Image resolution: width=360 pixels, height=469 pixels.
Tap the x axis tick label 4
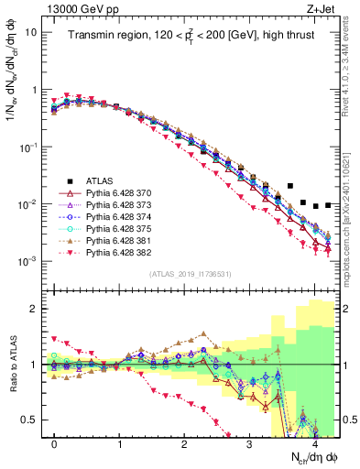(x=314, y=443)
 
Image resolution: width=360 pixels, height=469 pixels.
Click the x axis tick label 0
(x=54, y=443)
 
